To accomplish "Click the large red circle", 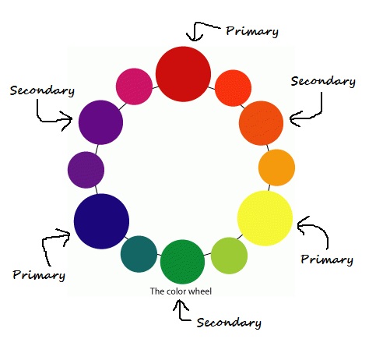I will point(184,72).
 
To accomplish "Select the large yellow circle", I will point(265,217).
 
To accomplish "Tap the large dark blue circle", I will point(101,221).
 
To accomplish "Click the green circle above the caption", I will point(183,261).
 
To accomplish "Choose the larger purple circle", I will point(100,122).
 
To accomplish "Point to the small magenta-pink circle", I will point(133,86).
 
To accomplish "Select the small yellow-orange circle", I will point(276,167).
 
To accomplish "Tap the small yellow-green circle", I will point(230,255).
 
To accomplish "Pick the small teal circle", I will point(139,253).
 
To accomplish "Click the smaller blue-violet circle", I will point(86,169).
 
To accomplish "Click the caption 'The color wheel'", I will point(181,291).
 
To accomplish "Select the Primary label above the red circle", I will point(251,32).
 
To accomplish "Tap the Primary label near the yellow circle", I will point(327,259).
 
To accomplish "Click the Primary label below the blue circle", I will point(39,275).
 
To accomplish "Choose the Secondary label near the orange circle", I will point(323,81).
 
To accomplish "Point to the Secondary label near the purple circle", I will point(42,90).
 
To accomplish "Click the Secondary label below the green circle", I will point(229,323).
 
